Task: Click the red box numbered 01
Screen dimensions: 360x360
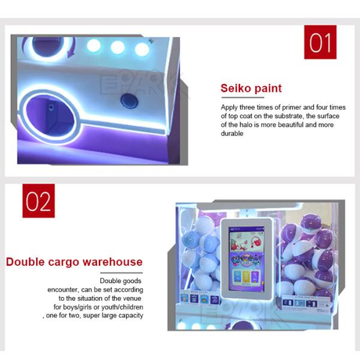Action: click(320, 42)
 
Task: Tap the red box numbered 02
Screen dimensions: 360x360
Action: click(38, 200)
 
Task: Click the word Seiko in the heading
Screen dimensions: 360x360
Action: click(235, 88)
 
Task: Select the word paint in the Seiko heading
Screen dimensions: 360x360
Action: click(266, 88)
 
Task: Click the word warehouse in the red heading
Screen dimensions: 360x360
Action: click(112, 262)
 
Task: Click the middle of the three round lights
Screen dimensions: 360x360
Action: click(118, 47)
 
